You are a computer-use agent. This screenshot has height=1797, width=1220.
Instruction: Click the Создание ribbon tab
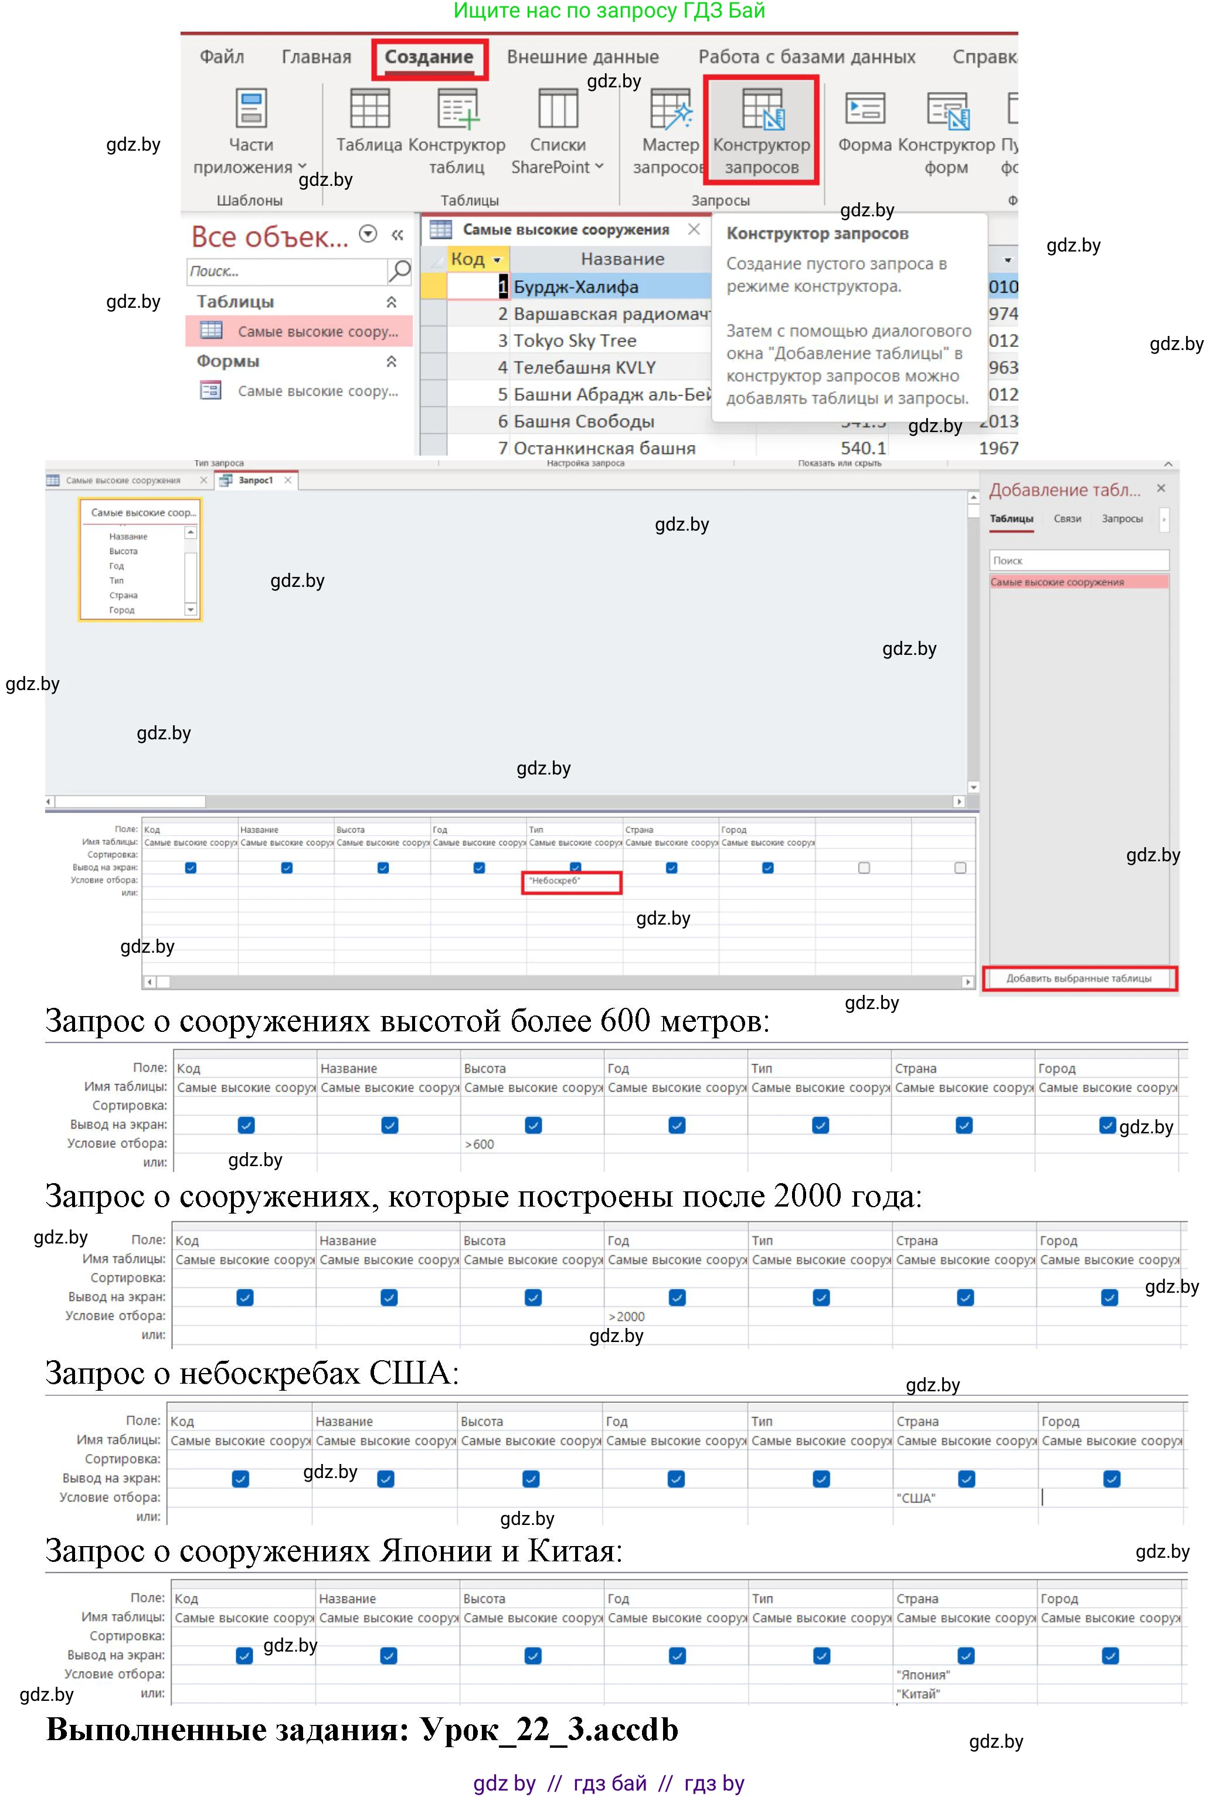point(429,57)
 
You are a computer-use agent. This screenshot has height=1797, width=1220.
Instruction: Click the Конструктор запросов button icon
point(762,109)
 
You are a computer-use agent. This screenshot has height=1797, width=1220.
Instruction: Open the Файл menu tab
point(222,57)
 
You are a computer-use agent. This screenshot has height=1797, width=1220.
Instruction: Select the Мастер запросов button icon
point(670,109)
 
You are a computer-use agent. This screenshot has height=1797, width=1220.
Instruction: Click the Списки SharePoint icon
point(558,109)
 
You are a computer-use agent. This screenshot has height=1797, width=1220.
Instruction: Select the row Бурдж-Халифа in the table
point(576,287)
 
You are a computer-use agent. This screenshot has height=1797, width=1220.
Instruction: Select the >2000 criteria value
point(627,1317)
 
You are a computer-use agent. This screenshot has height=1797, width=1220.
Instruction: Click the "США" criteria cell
point(916,1499)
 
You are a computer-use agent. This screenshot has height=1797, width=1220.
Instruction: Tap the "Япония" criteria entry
point(923,1676)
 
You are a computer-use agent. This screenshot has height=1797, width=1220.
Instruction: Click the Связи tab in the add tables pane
point(1067,519)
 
